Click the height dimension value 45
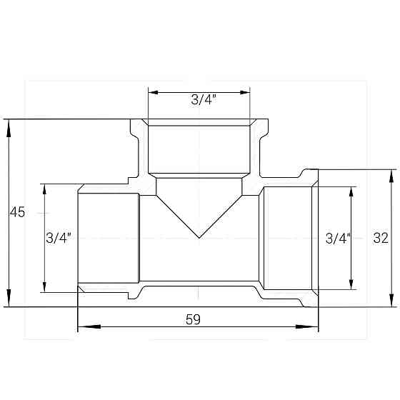[x=17, y=213]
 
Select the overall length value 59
[x=192, y=320]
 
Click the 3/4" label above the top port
[x=204, y=99]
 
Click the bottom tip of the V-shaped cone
[x=199, y=237]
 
